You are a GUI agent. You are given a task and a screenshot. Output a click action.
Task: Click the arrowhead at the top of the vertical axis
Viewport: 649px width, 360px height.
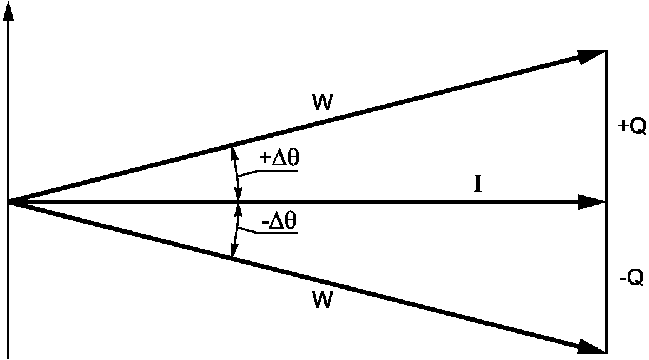[8, 13]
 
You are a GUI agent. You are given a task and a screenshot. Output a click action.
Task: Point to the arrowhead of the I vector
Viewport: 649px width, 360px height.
[592, 202]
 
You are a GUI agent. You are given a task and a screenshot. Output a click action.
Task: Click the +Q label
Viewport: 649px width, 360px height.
[631, 126]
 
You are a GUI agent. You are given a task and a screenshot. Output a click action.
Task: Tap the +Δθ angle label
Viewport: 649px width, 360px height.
[279, 158]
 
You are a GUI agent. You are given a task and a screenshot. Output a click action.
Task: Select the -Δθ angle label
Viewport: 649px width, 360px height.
[279, 222]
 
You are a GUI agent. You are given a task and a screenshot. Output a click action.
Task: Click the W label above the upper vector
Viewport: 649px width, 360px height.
[323, 102]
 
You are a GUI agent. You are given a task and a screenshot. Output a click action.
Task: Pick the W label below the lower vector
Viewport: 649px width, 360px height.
[323, 300]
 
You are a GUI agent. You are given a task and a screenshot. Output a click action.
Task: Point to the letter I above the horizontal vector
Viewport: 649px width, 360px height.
[478, 183]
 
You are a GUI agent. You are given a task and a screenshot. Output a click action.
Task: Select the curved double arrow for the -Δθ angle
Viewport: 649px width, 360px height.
[237, 230]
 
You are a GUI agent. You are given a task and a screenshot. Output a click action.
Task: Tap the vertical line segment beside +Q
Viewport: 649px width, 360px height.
[606, 126]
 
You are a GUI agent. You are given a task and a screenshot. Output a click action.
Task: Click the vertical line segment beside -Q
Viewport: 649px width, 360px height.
[606, 277]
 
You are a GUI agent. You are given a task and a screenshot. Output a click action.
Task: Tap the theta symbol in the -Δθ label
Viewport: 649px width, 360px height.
[291, 222]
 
